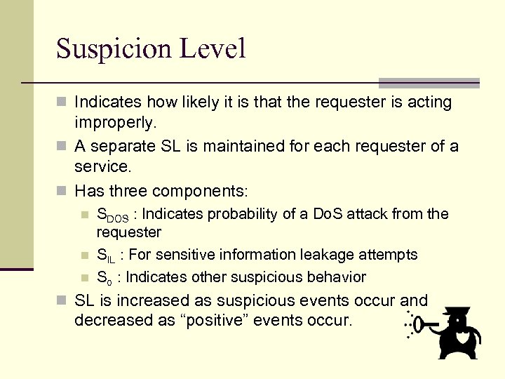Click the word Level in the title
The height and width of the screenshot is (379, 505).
click(218, 48)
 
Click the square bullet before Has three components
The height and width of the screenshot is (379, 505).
click(62, 191)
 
